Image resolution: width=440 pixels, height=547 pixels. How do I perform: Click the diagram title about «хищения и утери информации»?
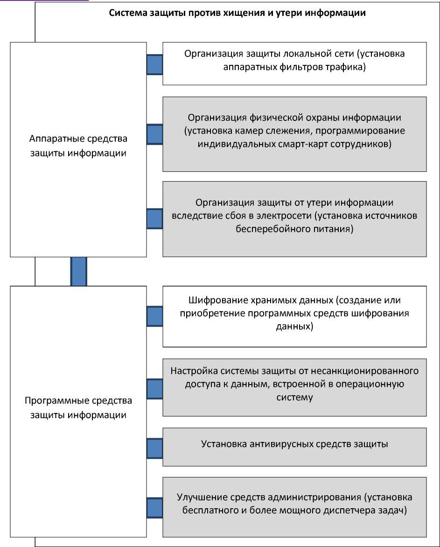click(237, 13)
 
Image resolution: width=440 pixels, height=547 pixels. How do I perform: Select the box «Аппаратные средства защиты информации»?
click(78, 146)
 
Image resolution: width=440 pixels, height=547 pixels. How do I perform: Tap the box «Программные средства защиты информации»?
click(78, 407)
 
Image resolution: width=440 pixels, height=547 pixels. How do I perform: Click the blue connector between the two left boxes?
click(78, 271)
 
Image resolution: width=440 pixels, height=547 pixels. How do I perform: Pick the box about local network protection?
click(294, 60)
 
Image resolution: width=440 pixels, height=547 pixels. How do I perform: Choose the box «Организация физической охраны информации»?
click(294, 130)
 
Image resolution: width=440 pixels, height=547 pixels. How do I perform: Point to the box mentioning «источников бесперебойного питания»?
click(294, 216)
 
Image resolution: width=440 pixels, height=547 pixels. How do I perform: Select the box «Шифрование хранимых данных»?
click(294, 313)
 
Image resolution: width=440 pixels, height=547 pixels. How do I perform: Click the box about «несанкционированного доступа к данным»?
click(294, 384)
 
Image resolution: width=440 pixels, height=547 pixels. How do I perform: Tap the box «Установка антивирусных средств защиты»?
click(294, 444)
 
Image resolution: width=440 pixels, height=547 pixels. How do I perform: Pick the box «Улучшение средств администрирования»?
click(294, 504)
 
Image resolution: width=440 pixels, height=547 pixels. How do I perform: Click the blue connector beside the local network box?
click(154, 65)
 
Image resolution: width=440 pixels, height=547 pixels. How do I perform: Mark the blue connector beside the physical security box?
click(154, 134)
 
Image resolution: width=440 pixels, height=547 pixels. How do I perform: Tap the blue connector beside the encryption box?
click(154, 316)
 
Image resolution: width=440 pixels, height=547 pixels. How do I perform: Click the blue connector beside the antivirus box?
click(154, 449)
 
